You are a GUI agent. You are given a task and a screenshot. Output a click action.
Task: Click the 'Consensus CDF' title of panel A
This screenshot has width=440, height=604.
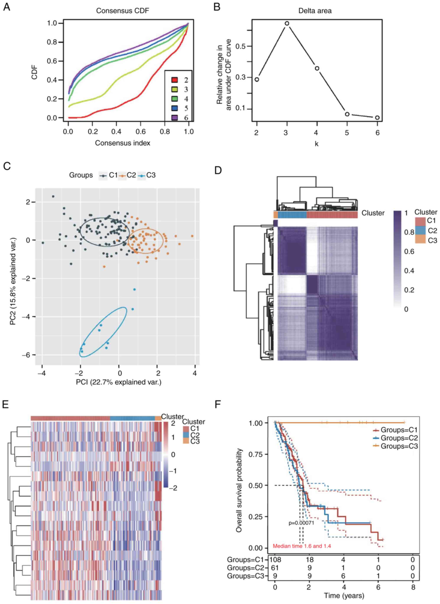(x=123, y=11)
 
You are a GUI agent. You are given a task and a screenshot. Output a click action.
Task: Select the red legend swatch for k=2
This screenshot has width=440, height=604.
(x=175, y=80)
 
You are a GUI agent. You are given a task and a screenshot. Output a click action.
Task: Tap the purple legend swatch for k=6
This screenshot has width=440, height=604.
(x=175, y=117)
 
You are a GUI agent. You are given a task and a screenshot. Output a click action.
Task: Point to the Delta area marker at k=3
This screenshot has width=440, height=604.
(x=287, y=23)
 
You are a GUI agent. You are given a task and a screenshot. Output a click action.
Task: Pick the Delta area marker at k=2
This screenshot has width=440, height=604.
(x=257, y=79)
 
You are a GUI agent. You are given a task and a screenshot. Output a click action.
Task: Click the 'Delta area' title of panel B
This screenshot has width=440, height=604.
(x=315, y=11)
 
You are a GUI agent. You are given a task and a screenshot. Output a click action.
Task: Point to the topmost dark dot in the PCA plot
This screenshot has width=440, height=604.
(x=53, y=196)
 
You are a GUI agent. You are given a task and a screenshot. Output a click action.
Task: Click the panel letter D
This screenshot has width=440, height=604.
(x=218, y=170)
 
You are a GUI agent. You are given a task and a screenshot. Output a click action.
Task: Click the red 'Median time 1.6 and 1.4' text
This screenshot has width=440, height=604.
(x=302, y=546)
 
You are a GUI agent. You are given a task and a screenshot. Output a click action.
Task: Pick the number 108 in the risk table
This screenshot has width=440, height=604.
(x=275, y=559)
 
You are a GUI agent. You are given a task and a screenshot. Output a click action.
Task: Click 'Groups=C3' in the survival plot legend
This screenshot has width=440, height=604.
(x=399, y=446)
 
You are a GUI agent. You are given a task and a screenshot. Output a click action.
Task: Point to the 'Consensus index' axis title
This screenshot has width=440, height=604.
(x=123, y=143)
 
